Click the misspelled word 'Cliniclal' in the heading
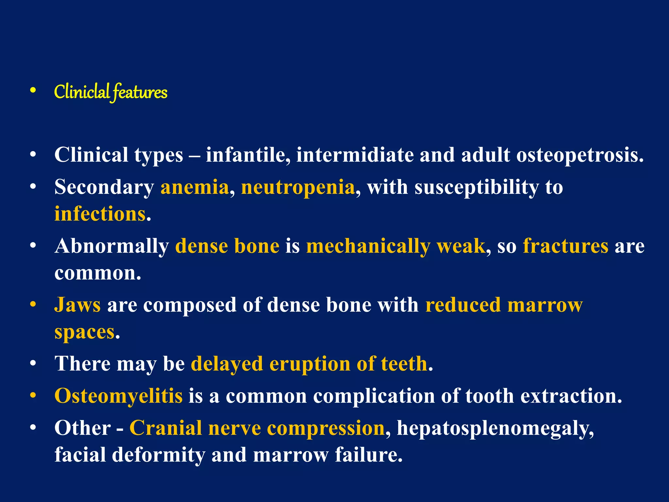point(82,92)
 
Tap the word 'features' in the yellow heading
point(140,92)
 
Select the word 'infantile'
point(248,155)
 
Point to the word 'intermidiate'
point(355,155)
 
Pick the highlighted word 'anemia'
point(195,187)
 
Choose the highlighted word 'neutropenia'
point(298,188)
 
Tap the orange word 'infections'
point(100,214)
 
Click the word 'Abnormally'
point(111,246)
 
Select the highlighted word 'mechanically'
point(368,246)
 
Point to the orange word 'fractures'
point(565,246)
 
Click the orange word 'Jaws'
point(78,305)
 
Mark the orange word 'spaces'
point(85,332)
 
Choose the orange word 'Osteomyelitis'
point(118,396)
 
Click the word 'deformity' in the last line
point(158,455)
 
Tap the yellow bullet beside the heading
point(33,91)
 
